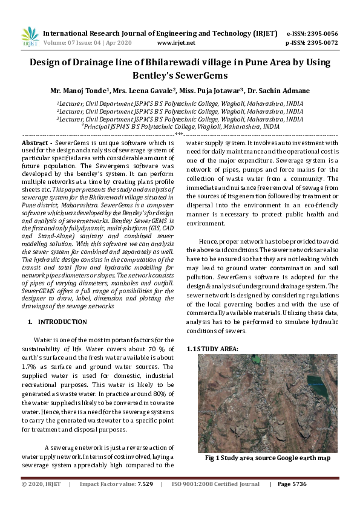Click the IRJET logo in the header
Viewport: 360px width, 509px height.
point(30,37)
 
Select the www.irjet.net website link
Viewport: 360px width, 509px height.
point(175,43)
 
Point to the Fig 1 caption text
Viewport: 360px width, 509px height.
point(267,458)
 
